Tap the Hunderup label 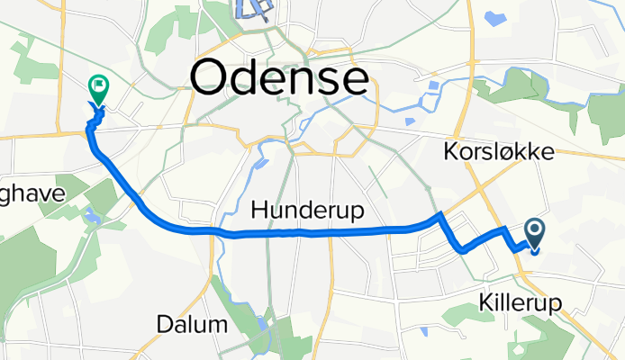point(307,211)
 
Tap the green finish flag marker point(98,87)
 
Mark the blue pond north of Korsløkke point(494,17)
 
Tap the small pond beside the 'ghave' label point(91,214)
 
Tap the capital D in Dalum point(162,324)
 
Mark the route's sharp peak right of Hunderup point(439,215)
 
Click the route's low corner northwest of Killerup point(464,251)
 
